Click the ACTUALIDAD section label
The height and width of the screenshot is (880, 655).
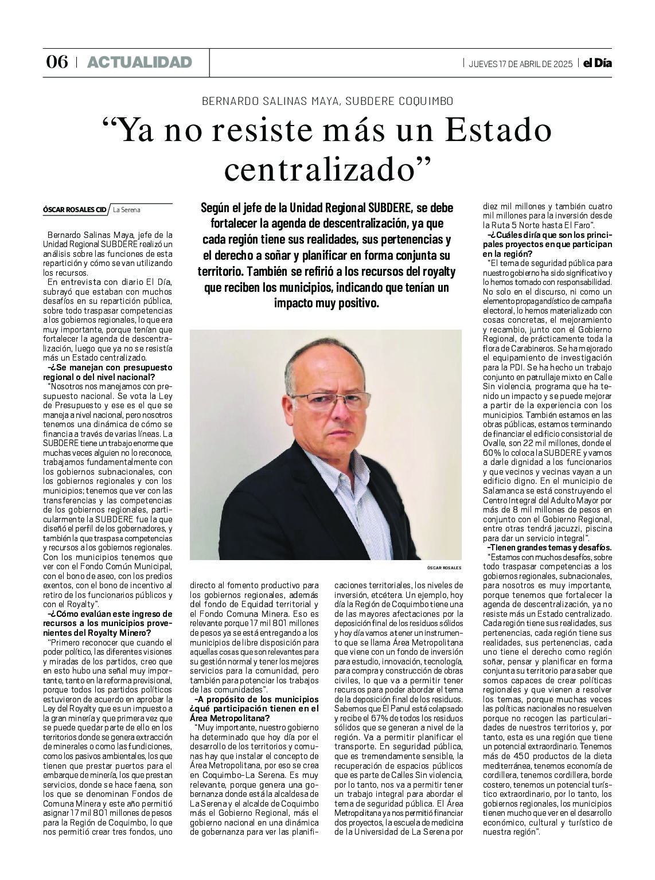139,62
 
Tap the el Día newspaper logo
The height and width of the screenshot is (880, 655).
597,63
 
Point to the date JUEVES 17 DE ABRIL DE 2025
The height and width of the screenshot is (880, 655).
520,64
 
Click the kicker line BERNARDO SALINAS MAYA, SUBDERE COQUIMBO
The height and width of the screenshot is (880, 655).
327,101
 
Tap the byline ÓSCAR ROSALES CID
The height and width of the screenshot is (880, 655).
75,210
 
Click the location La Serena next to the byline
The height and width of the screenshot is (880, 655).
127,210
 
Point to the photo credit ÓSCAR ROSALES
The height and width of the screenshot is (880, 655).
445,567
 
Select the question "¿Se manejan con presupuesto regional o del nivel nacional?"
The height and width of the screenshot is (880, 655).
107,372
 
